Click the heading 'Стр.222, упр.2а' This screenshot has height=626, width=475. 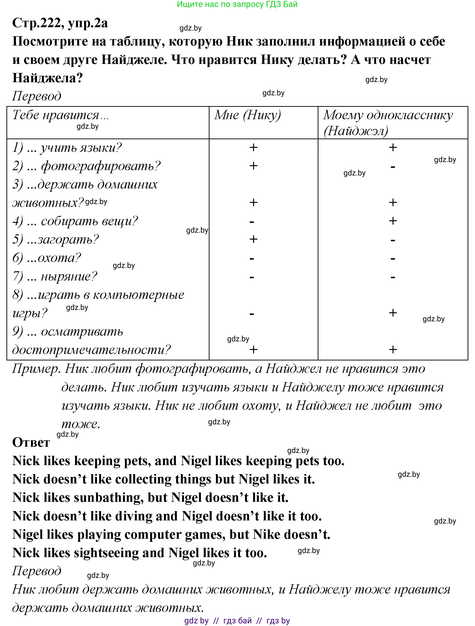click(x=60, y=23)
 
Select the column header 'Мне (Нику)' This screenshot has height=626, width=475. click(x=248, y=115)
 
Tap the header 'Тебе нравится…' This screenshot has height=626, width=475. click(x=61, y=115)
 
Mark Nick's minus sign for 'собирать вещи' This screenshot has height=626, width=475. click(x=252, y=222)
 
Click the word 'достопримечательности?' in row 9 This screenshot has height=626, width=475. click(x=91, y=350)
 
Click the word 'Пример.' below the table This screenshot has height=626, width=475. click(x=36, y=369)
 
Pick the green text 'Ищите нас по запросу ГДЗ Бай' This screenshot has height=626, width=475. click(x=237, y=4)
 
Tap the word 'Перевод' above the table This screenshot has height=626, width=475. click(x=36, y=96)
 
